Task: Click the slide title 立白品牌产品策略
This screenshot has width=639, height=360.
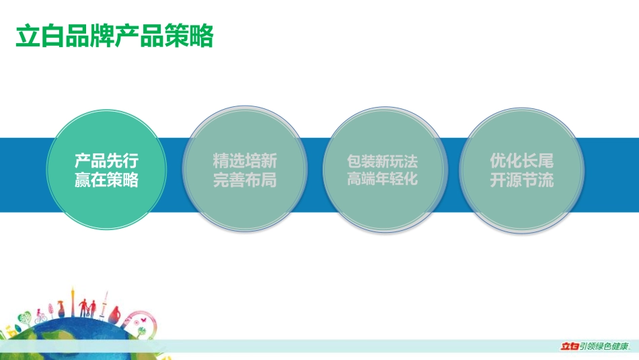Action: pyautogui.click(x=114, y=36)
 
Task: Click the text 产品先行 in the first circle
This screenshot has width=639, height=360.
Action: pyautogui.click(x=106, y=161)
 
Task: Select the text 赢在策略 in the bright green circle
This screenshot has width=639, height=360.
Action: pyautogui.click(x=106, y=180)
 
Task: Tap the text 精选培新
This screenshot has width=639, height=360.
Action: pyautogui.click(x=245, y=161)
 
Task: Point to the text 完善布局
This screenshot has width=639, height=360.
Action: pyautogui.click(x=245, y=180)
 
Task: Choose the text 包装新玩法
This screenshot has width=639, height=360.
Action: pyautogui.click(x=382, y=161)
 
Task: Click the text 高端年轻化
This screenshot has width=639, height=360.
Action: pyautogui.click(x=382, y=178)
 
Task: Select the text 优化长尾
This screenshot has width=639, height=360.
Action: pyautogui.click(x=522, y=161)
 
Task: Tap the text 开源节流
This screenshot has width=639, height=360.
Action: pyautogui.click(x=522, y=180)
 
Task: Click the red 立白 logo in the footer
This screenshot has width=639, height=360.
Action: pyautogui.click(x=569, y=347)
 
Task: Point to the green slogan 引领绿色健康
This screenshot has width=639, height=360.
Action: pyautogui.click(x=605, y=347)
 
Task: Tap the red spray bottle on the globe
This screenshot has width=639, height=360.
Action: pyautogui.click(x=61, y=309)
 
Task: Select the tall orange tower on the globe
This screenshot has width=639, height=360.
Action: pyautogui.click(x=73, y=301)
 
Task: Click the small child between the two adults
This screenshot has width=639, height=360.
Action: pyautogui.click(x=88, y=312)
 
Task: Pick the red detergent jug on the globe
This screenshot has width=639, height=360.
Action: pyautogui.click(x=115, y=315)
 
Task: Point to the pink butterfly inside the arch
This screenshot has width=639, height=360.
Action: pyautogui.click(x=143, y=321)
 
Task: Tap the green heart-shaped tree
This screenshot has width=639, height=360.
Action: pyautogui.click(x=25, y=318)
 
